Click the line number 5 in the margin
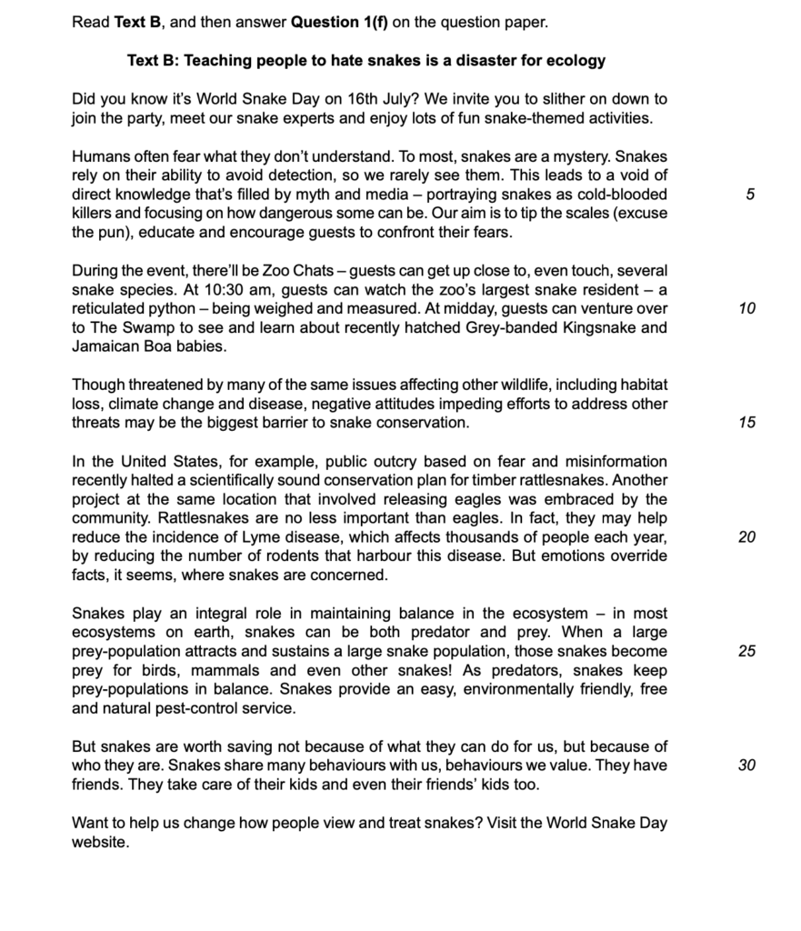point(747,195)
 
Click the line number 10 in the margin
point(746,309)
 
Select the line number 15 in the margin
point(746,423)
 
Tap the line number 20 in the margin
point(746,537)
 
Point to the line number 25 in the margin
point(746,652)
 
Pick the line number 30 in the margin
point(746,766)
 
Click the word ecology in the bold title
point(573,61)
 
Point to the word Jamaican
point(106,347)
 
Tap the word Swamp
point(149,328)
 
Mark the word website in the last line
point(100,842)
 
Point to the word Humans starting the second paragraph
point(101,156)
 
